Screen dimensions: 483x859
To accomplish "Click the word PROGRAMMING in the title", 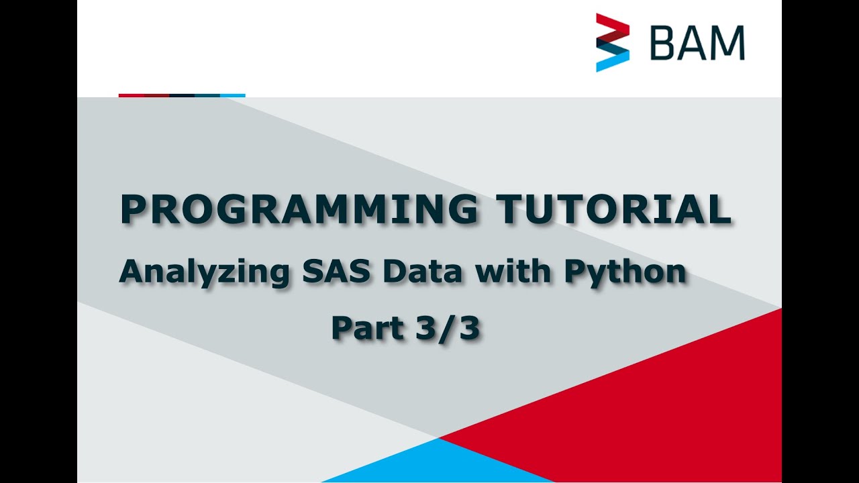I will pos(298,210).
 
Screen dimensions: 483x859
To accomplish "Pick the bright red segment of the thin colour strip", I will pos(132,95).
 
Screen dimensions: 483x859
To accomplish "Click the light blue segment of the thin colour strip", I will pos(232,95).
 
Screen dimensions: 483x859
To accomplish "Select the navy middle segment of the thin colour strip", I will pos(182,95).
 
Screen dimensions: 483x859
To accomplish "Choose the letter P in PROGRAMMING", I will pos(132,210).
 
